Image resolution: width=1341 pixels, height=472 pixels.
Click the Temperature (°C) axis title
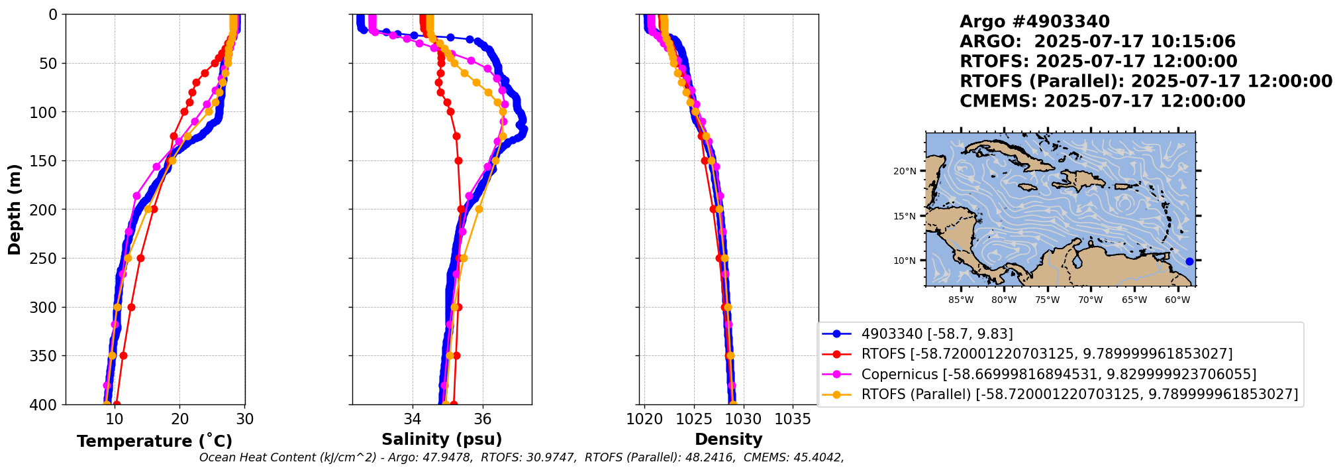pyautogui.click(x=154, y=441)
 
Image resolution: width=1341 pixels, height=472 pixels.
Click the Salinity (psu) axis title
pyautogui.click(x=442, y=439)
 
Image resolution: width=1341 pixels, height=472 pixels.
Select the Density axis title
pyautogui.click(x=728, y=439)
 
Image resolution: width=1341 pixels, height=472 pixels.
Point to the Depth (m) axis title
pyautogui.click(x=15, y=209)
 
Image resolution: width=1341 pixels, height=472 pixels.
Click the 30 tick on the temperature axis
pyautogui.click(x=245, y=419)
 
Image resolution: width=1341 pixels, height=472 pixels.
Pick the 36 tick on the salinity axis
pyautogui.click(x=483, y=419)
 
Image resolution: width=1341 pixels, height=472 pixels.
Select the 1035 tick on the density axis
pyautogui.click(x=793, y=419)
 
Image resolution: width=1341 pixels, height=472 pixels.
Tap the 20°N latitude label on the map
pyautogui.click(x=905, y=171)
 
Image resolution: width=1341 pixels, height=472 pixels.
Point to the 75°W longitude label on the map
pyautogui.click(x=1047, y=300)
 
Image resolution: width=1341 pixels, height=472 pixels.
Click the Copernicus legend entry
pyautogui.click(x=1058, y=375)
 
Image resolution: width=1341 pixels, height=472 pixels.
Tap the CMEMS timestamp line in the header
pyautogui.click(x=1102, y=101)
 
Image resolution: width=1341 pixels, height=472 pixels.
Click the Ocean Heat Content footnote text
pyautogui.click(x=521, y=457)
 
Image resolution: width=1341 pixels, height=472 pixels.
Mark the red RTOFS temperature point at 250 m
pyautogui.click(x=140, y=258)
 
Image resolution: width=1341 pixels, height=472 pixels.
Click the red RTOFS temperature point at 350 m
pyautogui.click(x=123, y=355)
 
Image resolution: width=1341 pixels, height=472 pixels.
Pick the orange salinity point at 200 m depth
pyautogui.click(x=479, y=209)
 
